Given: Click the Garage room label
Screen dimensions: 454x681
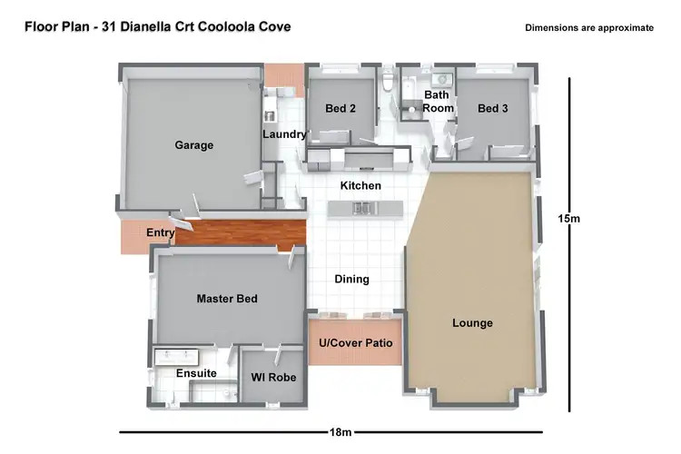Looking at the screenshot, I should point(193,145).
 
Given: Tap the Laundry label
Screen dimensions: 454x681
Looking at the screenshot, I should point(284,135).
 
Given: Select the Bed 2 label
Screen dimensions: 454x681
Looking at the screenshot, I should point(340,109).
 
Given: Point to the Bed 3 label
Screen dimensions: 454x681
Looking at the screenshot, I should point(493,109).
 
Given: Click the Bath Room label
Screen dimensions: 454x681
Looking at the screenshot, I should point(438,101).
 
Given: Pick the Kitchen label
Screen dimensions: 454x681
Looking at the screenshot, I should point(360,186).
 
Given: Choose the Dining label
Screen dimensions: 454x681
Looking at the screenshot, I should point(351,280).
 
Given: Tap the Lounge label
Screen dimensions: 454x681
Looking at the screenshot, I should point(472,323).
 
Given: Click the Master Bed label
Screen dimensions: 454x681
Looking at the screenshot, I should point(227,299).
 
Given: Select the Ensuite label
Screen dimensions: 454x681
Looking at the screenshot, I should point(195,374).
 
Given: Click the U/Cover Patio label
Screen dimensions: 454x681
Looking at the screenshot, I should point(355,343).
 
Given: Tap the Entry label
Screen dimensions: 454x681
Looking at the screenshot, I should point(160,233).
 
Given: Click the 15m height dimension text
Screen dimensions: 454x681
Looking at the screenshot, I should point(568,218).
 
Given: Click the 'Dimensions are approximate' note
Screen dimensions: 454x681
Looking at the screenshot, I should point(588,28).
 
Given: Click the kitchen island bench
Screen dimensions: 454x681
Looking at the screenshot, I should point(362,210).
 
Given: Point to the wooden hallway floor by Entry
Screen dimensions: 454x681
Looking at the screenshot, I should point(241,233).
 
